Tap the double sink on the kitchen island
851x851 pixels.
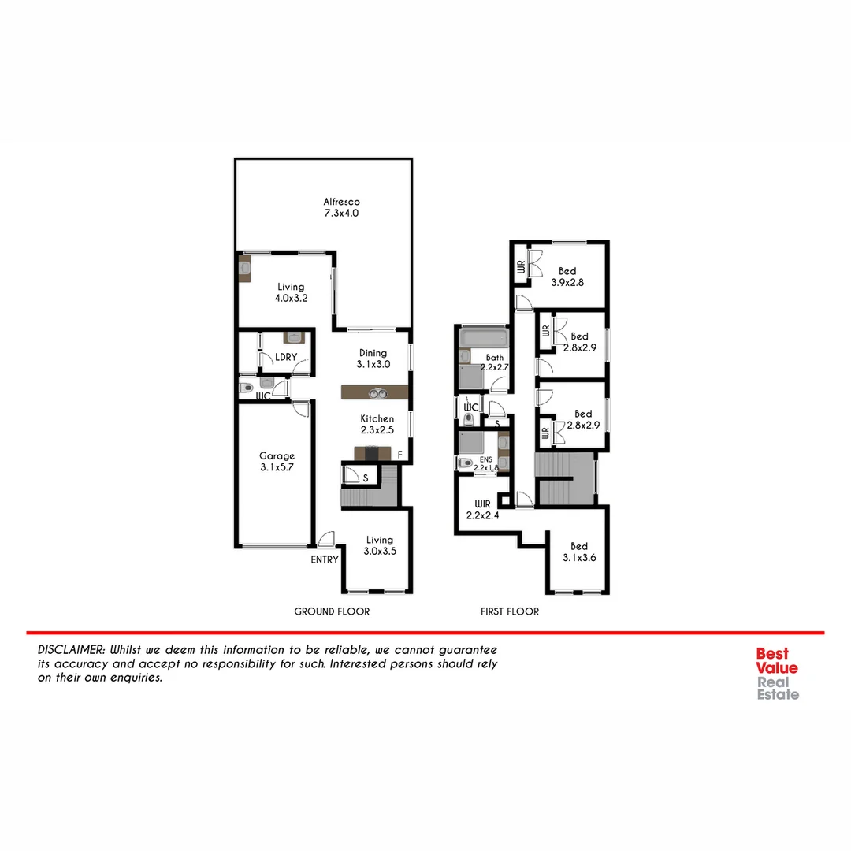[379, 392]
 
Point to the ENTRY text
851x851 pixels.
[325, 560]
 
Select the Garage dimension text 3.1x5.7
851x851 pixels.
[277, 466]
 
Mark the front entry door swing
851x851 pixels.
[325, 539]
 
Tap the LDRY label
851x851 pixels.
[286, 357]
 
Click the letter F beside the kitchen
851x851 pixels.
[400, 455]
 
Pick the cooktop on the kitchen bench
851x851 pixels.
[373, 453]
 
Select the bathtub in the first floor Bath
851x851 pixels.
[482, 338]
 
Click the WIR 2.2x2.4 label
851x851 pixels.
[483, 508]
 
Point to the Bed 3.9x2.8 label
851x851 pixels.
[567, 277]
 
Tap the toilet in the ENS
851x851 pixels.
[466, 463]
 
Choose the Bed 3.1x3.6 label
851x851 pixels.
[579, 552]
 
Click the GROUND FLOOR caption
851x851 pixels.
[332, 611]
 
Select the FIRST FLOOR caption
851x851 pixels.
[510, 611]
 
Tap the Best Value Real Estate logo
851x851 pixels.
[777, 674]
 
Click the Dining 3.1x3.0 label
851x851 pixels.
[373, 359]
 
